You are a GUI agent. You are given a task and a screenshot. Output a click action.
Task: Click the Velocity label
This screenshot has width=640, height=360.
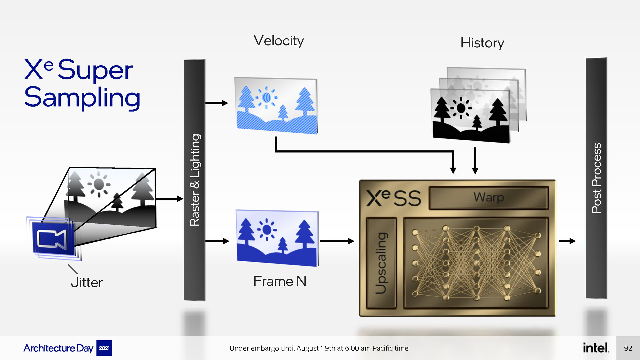[279, 41]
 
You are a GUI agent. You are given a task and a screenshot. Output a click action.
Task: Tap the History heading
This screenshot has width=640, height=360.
[482, 43]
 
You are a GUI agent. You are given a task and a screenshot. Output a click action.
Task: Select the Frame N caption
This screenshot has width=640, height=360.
[280, 281]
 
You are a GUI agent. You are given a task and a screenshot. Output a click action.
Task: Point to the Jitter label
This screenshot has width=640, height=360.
[87, 283]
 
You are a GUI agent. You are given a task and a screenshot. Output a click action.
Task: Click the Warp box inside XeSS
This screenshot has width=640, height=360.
[489, 198]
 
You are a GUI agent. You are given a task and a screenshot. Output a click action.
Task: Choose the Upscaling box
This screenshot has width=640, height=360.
[381, 263]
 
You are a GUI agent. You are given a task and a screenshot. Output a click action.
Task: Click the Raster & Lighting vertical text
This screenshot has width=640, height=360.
[195, 180]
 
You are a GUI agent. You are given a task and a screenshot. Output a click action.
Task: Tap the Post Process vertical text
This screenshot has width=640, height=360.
[596, 178]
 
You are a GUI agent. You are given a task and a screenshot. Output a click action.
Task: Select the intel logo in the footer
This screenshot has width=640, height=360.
[596, 348]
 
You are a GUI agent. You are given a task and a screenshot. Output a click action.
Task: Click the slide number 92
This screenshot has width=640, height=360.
[628, 348]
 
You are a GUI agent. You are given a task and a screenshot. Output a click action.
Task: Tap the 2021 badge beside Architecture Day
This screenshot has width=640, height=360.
[104, 348]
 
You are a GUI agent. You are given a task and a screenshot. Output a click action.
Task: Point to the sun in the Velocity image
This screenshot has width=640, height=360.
[266, 97]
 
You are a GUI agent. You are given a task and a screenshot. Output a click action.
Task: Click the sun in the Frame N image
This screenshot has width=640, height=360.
[267, 230]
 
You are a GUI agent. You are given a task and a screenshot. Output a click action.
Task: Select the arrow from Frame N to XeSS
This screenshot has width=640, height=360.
[337, 241]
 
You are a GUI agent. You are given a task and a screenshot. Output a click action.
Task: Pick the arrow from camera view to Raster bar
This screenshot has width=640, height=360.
[170, 199]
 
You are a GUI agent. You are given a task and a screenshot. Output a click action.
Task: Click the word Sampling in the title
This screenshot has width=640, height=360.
[82, 98]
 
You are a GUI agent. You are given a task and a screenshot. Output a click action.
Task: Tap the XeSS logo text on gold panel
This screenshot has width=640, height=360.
[393, 198]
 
